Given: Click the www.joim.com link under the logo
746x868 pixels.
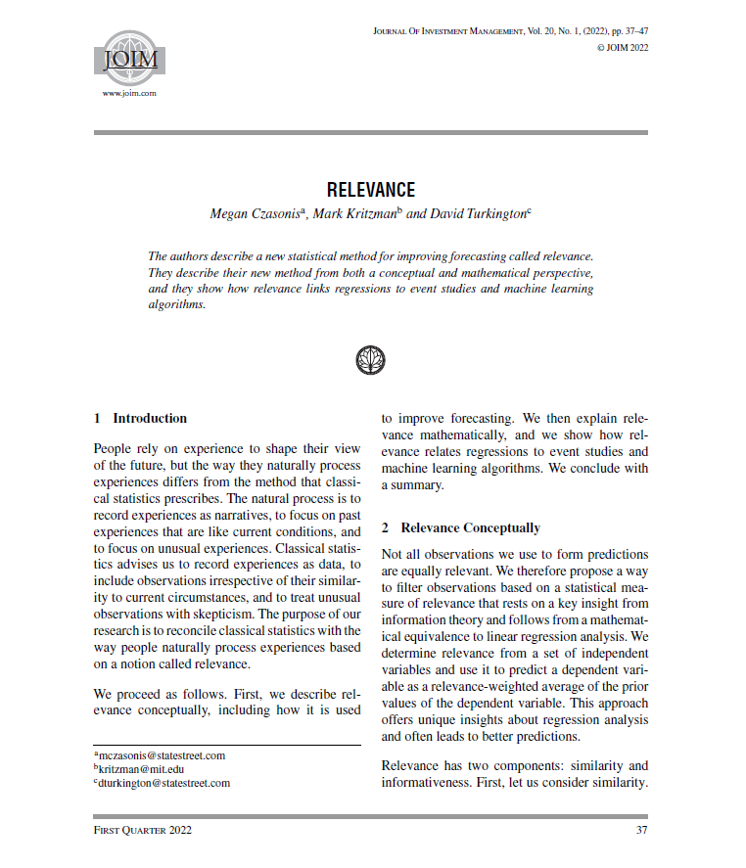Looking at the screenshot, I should tap(129, 93).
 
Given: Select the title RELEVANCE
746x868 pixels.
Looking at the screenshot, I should tap(371, 190).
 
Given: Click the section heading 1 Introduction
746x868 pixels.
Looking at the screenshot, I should tap(140, 418).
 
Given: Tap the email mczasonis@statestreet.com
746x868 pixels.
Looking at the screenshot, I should tap(162, 755).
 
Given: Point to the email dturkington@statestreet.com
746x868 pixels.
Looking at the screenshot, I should tap(163, 783).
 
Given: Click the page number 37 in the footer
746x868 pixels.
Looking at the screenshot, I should tap(641, 831).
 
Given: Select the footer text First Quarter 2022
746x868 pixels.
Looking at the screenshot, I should tap(143, 831).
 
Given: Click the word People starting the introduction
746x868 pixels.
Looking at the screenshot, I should tap(113, 447).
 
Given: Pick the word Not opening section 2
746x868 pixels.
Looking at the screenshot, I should tap(391, 555).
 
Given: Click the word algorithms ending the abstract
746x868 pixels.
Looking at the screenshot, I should tap(176, 304).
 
